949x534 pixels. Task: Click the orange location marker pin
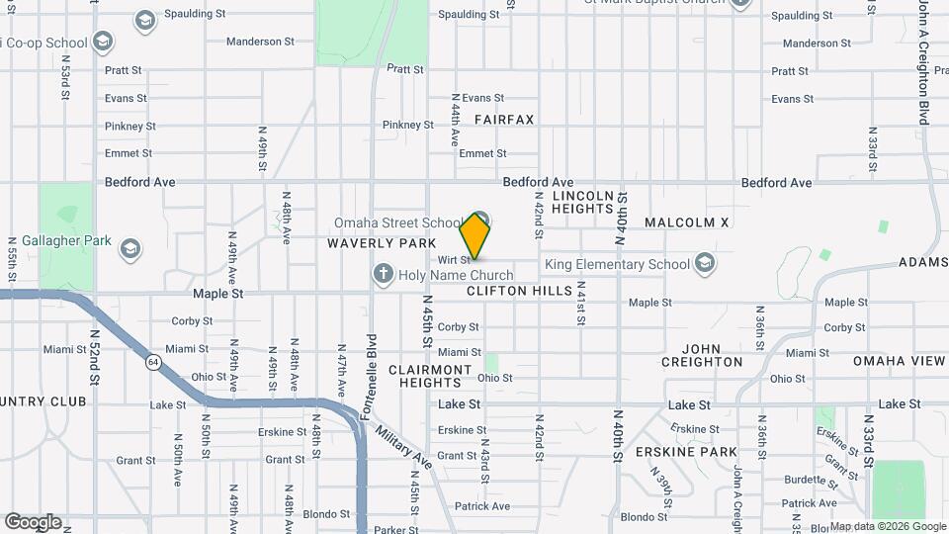tap(475, 236)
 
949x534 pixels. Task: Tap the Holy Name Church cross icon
tap(384, 272)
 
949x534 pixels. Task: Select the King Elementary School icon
tap(704, 263)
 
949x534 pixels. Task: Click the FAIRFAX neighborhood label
tap(503, 120)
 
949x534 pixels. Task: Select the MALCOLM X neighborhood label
tap(686, 223)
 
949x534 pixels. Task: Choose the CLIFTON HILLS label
tap(519, 291)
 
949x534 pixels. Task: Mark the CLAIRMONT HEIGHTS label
tap(430, 376)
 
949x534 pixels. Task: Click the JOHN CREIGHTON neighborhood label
tap(712, 355)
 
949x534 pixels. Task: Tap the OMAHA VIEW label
tap(899, 361)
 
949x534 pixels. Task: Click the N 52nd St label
tap(96, 357)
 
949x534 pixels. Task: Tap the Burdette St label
tap(802, 481)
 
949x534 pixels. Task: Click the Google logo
tap(33, 522)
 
